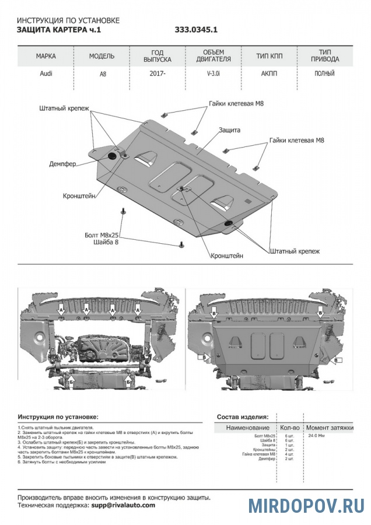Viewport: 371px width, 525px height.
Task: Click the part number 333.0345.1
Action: click(x=196, y=30)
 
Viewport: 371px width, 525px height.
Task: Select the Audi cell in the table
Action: click(x=45, y=74)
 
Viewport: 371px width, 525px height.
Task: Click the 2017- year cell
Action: click(x=157, y=74)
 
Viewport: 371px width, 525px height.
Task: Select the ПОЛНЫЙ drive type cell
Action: click(x=324, y=74)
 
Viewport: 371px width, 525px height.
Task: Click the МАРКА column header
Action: click(x=46, y=57)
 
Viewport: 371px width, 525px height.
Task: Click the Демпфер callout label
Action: click(x=62, y=164)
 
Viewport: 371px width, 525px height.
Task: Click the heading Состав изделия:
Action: click(x=243, y=417)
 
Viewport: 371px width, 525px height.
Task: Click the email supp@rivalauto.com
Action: click(x=123, y=505)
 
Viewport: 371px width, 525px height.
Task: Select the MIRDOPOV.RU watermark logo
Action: click(x=306, y=505)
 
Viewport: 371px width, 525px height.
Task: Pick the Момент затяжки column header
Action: click(x=330, y=428)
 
